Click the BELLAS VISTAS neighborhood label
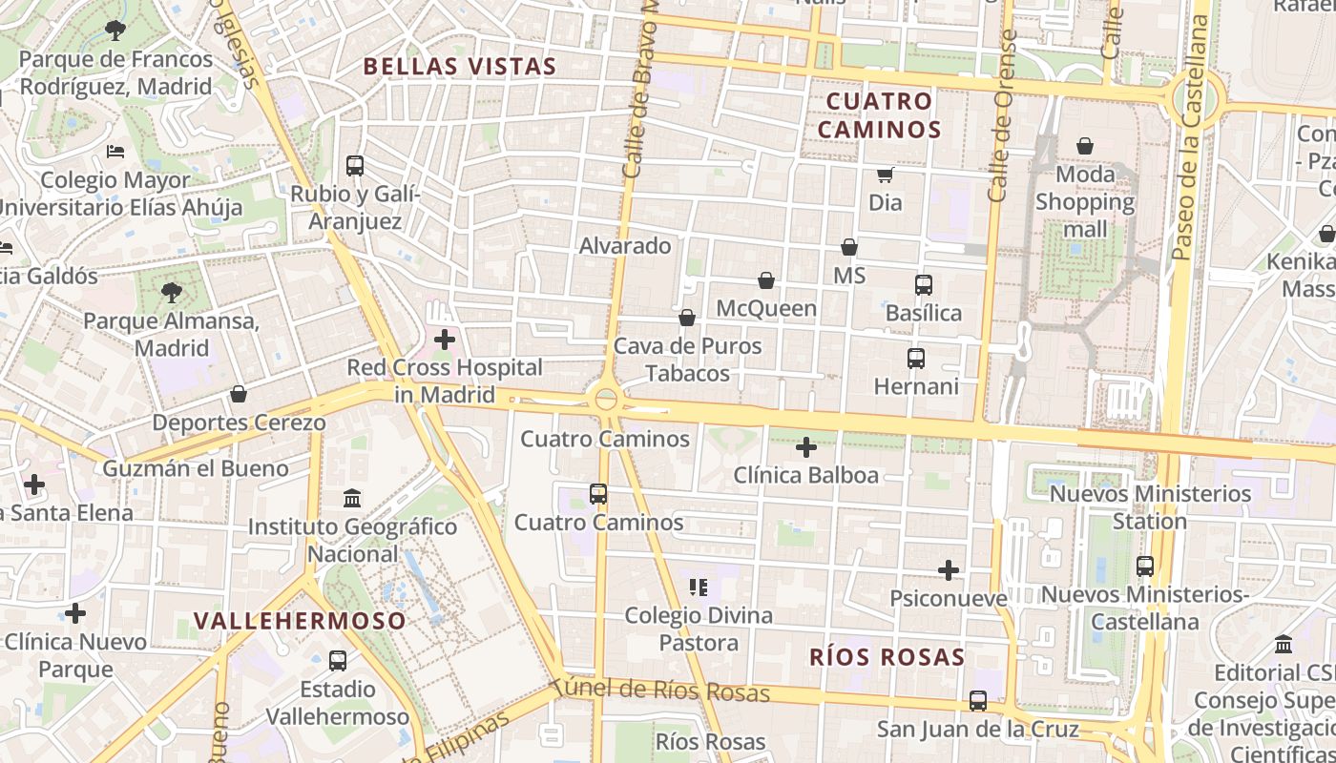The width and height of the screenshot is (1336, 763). click(459, 66)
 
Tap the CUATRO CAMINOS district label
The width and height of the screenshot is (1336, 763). click(879, 115)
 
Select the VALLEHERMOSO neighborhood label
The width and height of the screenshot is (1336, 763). click(300, 621)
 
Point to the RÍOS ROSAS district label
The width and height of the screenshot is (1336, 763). click(887, 657)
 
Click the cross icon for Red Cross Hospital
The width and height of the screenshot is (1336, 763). click(445, 339)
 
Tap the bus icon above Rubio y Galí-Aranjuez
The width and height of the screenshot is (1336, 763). click(355, 165)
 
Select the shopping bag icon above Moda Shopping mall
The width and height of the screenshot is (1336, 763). click(1085, 146)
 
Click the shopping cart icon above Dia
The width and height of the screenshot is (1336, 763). click(886, 175)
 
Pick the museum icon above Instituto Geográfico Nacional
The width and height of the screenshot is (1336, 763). click(352, 498)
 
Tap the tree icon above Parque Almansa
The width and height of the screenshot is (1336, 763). click(171, 292)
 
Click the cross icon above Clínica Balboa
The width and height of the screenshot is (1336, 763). click(806, 446)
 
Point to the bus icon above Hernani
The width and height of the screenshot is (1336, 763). click(916, 359)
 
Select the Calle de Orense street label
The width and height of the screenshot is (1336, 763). click(1000, 114)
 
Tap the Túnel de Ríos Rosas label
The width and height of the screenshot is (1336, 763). click(660, 691)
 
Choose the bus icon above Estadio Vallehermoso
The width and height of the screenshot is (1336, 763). click(337, 660)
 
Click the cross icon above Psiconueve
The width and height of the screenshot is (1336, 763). click(949, 570)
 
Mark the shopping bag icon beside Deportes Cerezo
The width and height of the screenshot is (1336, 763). click(239, 394)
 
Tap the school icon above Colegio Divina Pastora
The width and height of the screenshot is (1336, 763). click(699, 587)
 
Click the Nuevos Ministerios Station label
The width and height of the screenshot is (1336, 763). click(1150, 507)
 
